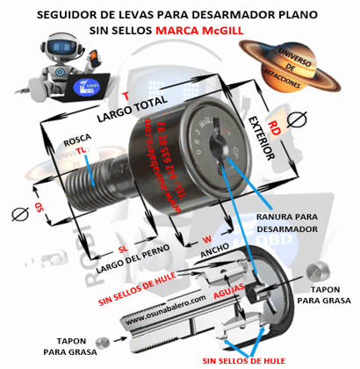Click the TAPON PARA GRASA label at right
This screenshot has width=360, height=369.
click(323, 294)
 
